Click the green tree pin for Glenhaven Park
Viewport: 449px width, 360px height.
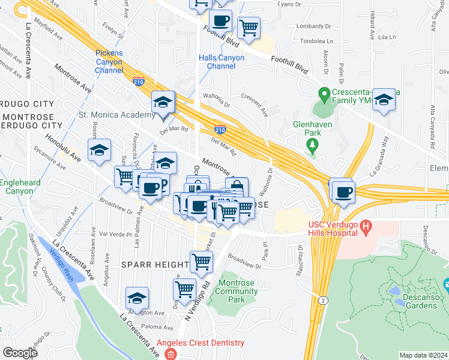point(312,145)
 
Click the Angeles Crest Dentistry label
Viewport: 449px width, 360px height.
point(201,343)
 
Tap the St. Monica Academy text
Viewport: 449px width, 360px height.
point(118,115)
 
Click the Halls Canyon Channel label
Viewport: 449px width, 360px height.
point(221,62)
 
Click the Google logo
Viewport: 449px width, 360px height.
point(20,353)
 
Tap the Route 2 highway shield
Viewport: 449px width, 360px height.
point(324,299)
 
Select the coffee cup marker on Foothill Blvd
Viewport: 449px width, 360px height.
point(220,21)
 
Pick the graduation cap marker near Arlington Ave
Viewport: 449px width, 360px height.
point(137,298)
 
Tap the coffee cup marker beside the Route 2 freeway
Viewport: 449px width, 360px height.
point(343,192)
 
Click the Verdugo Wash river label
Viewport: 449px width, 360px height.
point(62,264)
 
